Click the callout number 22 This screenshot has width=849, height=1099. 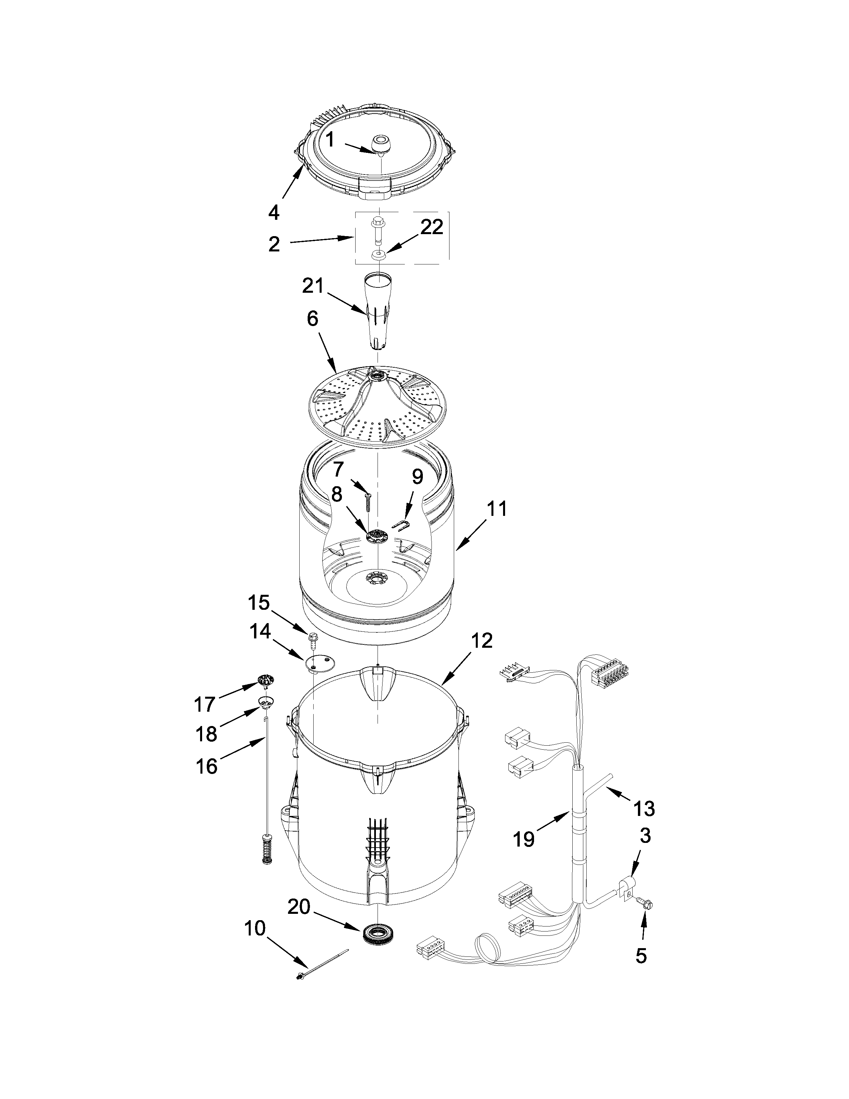pyautogui.click(x=431, y=227)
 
